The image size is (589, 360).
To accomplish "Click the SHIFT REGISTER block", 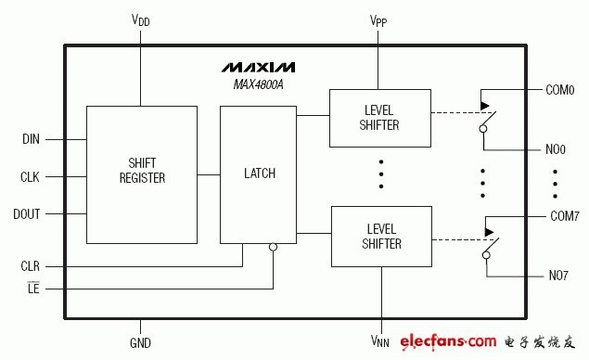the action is pyautogui.click(x=142, y=174).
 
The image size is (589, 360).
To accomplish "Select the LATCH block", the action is pyautogui.click(x=258, y=174).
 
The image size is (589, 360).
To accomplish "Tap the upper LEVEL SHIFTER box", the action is pyautogui.click(x=380, y=118).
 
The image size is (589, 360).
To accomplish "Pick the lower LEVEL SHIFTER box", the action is pyautogui.click(x=381, y=237).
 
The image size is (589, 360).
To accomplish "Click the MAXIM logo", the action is pyautogui.click(x=258, y=67).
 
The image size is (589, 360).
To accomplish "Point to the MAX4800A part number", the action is pyautogui.click(x=259, y=84).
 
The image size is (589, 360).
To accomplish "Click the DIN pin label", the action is pyautogui.click(x=31, y=139).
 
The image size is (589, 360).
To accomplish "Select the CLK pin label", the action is pyautogui.click(x=30, y=176).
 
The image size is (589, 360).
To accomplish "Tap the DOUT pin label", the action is pyautogui.click(x=26, y=213).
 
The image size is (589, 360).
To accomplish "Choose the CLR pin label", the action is pyautogui.click(x=30, y=266).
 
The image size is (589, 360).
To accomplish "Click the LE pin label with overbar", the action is pyautogui.click(x=33, y=288).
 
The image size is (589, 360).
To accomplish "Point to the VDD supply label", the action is pyautogui.click(x=140, y=20).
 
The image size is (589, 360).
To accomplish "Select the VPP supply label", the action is pyautogui.click(x=378, y=20).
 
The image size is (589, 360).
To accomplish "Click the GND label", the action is pyautogui.click(x=140, y=342).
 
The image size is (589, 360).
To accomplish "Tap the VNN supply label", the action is pyautogui.click(x=379, y=341).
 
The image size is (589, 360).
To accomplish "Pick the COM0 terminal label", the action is pyautogui.click(x=559, y=90).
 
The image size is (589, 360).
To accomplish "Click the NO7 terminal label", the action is pyautogui.click(x=558, y=276).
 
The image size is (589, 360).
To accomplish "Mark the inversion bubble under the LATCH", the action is pyautogui.click(x=273, y=247).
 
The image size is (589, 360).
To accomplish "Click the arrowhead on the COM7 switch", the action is pyautogui.click(x=489, y=232).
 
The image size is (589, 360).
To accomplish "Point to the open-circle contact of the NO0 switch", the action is pyautogui.click(x=483, y=129).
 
